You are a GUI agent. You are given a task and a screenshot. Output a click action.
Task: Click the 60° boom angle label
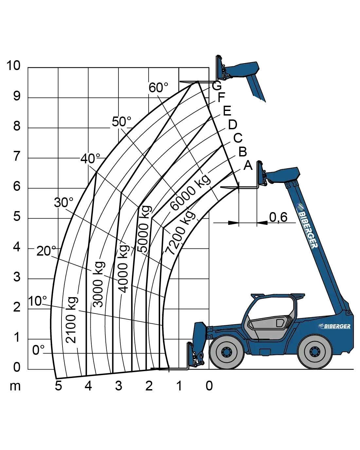point(158,88)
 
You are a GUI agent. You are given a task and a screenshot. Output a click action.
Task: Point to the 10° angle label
point(37,301)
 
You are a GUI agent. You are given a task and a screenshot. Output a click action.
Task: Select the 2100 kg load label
point(71,320)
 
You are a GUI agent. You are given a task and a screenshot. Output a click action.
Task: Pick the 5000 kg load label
point(145,229)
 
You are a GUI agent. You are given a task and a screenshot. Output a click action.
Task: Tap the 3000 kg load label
point(98,284)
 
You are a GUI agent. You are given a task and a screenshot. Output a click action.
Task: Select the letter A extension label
point(248,165)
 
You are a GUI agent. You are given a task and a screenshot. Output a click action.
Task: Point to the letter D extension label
point(233,125)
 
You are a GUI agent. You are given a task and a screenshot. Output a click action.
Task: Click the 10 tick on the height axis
point(13,65)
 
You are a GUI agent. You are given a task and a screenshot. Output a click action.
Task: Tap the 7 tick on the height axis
point(17,156)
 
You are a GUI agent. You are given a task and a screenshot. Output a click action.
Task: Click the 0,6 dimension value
point(278,217)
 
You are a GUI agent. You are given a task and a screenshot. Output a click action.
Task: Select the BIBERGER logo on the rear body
point(334,326)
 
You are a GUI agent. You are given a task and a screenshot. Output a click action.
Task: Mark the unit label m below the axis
point(15,387)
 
